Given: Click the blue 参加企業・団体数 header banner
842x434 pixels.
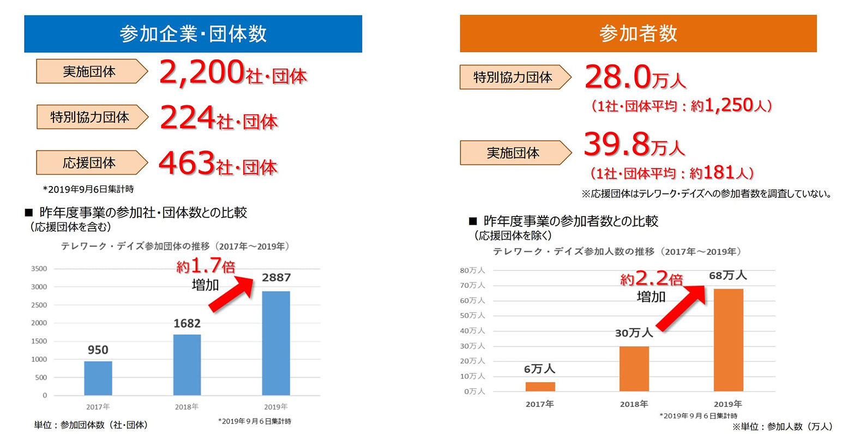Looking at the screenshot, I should pos(193,34).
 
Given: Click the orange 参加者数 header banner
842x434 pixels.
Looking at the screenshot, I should pos(637,34).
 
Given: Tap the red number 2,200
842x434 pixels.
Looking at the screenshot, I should pos(201,73).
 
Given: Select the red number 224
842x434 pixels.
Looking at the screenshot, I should pos(187,118).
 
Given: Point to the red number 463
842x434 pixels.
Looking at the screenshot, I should pos(187,163).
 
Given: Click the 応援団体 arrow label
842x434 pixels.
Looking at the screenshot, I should pos(91,162).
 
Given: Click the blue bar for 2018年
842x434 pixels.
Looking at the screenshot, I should pos(187,364).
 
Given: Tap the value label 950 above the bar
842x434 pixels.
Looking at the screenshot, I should pos(98,350).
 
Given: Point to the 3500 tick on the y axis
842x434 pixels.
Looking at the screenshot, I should pos(39,269).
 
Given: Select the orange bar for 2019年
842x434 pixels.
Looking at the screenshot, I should pos(728,340).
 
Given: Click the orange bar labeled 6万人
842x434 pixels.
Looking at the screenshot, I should pos(540,386).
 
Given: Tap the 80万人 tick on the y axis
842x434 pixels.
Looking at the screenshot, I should pos(472,270).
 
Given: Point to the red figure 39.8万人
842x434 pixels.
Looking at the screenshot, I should pos(634,144).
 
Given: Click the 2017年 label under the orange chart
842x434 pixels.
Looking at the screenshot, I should pos(539,404).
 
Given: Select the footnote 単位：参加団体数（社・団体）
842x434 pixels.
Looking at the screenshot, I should pos(91,425).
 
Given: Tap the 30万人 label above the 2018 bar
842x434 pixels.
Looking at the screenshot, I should pos(634,333).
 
